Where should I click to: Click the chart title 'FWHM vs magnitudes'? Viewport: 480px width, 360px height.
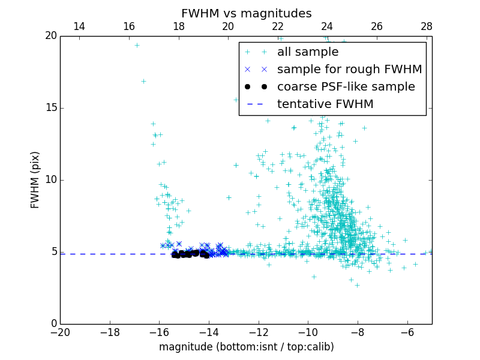tap(246, 13)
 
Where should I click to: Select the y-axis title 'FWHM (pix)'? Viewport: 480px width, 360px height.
tap(35, 180)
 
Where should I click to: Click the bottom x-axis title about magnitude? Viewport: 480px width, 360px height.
tap(246, 347)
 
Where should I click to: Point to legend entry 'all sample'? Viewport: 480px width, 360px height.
tap(308, 52)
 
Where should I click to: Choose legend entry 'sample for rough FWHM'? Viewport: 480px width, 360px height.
tap(349, 70)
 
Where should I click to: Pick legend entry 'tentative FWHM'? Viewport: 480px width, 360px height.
tap(325, 104)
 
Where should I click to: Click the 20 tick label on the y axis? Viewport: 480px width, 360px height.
tap(50, 36)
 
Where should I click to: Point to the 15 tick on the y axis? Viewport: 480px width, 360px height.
tap(50, 108)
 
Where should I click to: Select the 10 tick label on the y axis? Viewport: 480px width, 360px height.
tap(50, 180)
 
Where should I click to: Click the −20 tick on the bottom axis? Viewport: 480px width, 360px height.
tap(60, 332)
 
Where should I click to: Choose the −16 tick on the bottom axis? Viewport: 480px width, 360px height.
tap(159, 332)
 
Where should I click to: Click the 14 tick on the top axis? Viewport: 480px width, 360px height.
tap(79, 26)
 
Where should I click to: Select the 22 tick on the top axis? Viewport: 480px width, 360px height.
tap(278, 26)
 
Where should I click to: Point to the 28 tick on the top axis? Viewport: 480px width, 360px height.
tap(427, 26)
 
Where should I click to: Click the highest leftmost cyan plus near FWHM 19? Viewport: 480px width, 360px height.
tap(137, 45)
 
